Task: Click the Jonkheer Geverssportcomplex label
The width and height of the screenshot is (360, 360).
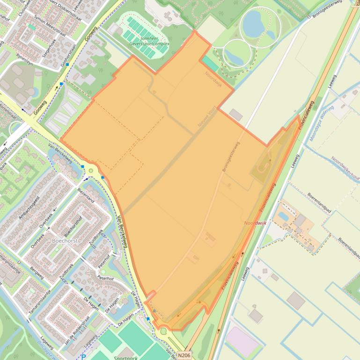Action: pyautogui.click(x=149, y=41)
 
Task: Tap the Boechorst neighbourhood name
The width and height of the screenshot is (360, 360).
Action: pyautogui.click(x=65, y=241)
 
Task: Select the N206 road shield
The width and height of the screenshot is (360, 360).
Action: pyautogui.click(x=184, y=355)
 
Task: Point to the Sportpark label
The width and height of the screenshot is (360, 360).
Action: pyautogui.click(x=126, y=358)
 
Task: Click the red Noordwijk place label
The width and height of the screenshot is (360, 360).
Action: pyautogui.click(x=255, y=223)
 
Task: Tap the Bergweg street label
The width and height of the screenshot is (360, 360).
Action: pyautogui.click(x=37, y=273)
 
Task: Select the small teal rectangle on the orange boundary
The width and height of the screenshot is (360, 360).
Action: pyautogui.click(x=210, y=64)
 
